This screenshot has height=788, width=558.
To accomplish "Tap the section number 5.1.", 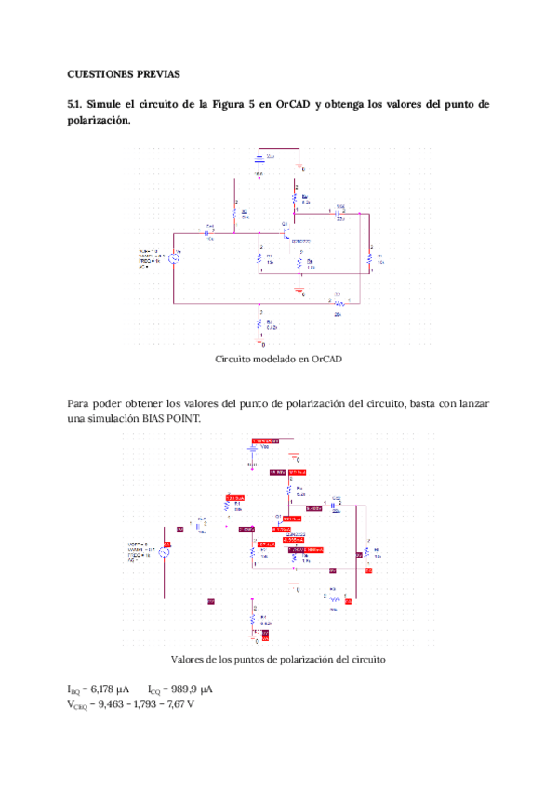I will point(76,104).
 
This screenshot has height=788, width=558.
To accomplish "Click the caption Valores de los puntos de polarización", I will point(278,659).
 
